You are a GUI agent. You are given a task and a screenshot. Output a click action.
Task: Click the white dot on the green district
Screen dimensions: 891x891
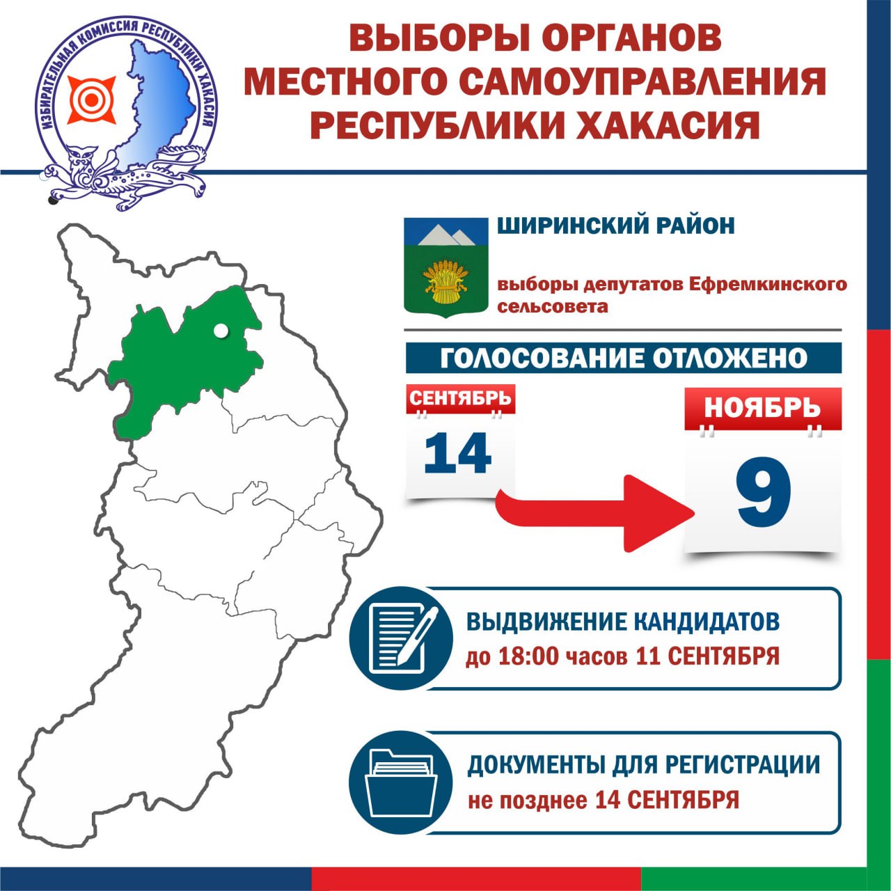pyautogui.click(x=221, y=331)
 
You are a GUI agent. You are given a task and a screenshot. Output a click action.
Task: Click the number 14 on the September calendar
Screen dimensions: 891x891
pyautogui.click(x=457, y=453)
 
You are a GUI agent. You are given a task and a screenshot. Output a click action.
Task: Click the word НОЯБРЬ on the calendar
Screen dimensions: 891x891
pyautogui.click(x=762, y=407)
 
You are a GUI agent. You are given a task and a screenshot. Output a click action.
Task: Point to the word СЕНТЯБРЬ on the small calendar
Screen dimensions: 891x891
pyautogui.click(x=460, y=397)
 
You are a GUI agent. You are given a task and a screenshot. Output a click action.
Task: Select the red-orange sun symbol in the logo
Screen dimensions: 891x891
pyautogui.click(x=92, y=100)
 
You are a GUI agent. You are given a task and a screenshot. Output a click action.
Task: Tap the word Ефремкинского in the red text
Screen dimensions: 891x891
pyautogui.click(x=768, y=284)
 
